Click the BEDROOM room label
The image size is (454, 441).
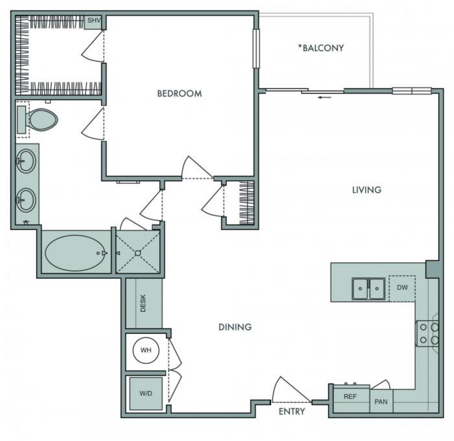click(x=179, y=93)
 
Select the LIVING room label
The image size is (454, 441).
click(x=367, y=189)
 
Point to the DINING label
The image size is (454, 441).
click(x=235, y=327)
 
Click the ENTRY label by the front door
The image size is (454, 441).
click(x=292, y=411)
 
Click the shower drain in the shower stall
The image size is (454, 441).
click(x=138, y=253)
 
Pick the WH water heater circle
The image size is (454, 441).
click(x=146, y=350)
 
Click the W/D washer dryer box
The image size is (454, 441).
click(x=146, y=393)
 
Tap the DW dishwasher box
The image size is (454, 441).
click(x=402, y=288)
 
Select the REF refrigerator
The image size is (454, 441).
click(x=350, y=397)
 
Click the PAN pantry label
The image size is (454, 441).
click(x=381, y=402)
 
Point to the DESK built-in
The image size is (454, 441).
click(x=143, y=303)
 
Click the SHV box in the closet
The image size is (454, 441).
click(x=94, y=21)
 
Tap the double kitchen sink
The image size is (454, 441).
click(x=368, y=289)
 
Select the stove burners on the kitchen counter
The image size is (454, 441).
click(x=428, y=333)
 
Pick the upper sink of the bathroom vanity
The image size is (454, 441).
click(x=26, y=161)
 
